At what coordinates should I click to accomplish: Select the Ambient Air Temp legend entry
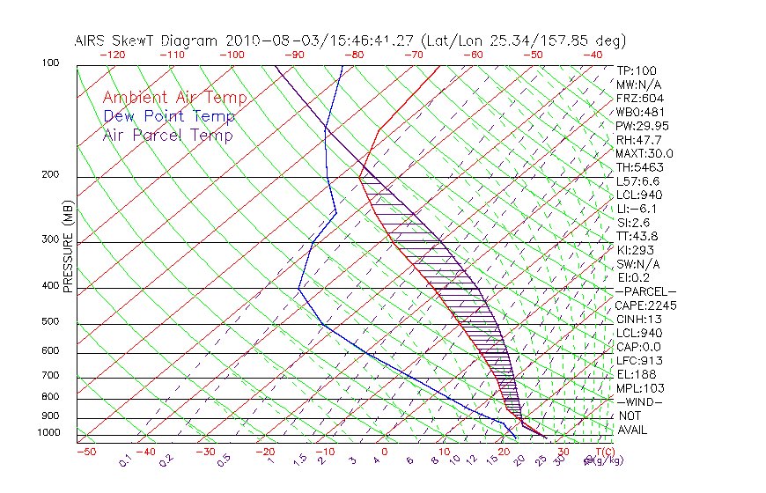[x=174, y=99]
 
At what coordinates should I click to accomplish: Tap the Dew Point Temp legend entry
[x=168, y=116]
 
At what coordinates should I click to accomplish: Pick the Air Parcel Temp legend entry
[x=167, y=135]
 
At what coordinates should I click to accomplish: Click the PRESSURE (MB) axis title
[x=67, y=251]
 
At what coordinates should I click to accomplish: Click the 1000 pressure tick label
[x=49, y=432]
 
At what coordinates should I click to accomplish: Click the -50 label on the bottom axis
[x=85, y=452]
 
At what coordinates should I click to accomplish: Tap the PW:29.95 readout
[x=643, y=126]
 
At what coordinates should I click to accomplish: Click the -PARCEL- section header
[x=645, y=291]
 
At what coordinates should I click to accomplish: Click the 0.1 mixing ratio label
[x=125, y=459]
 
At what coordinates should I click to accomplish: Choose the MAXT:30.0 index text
[x=645, y=153]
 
